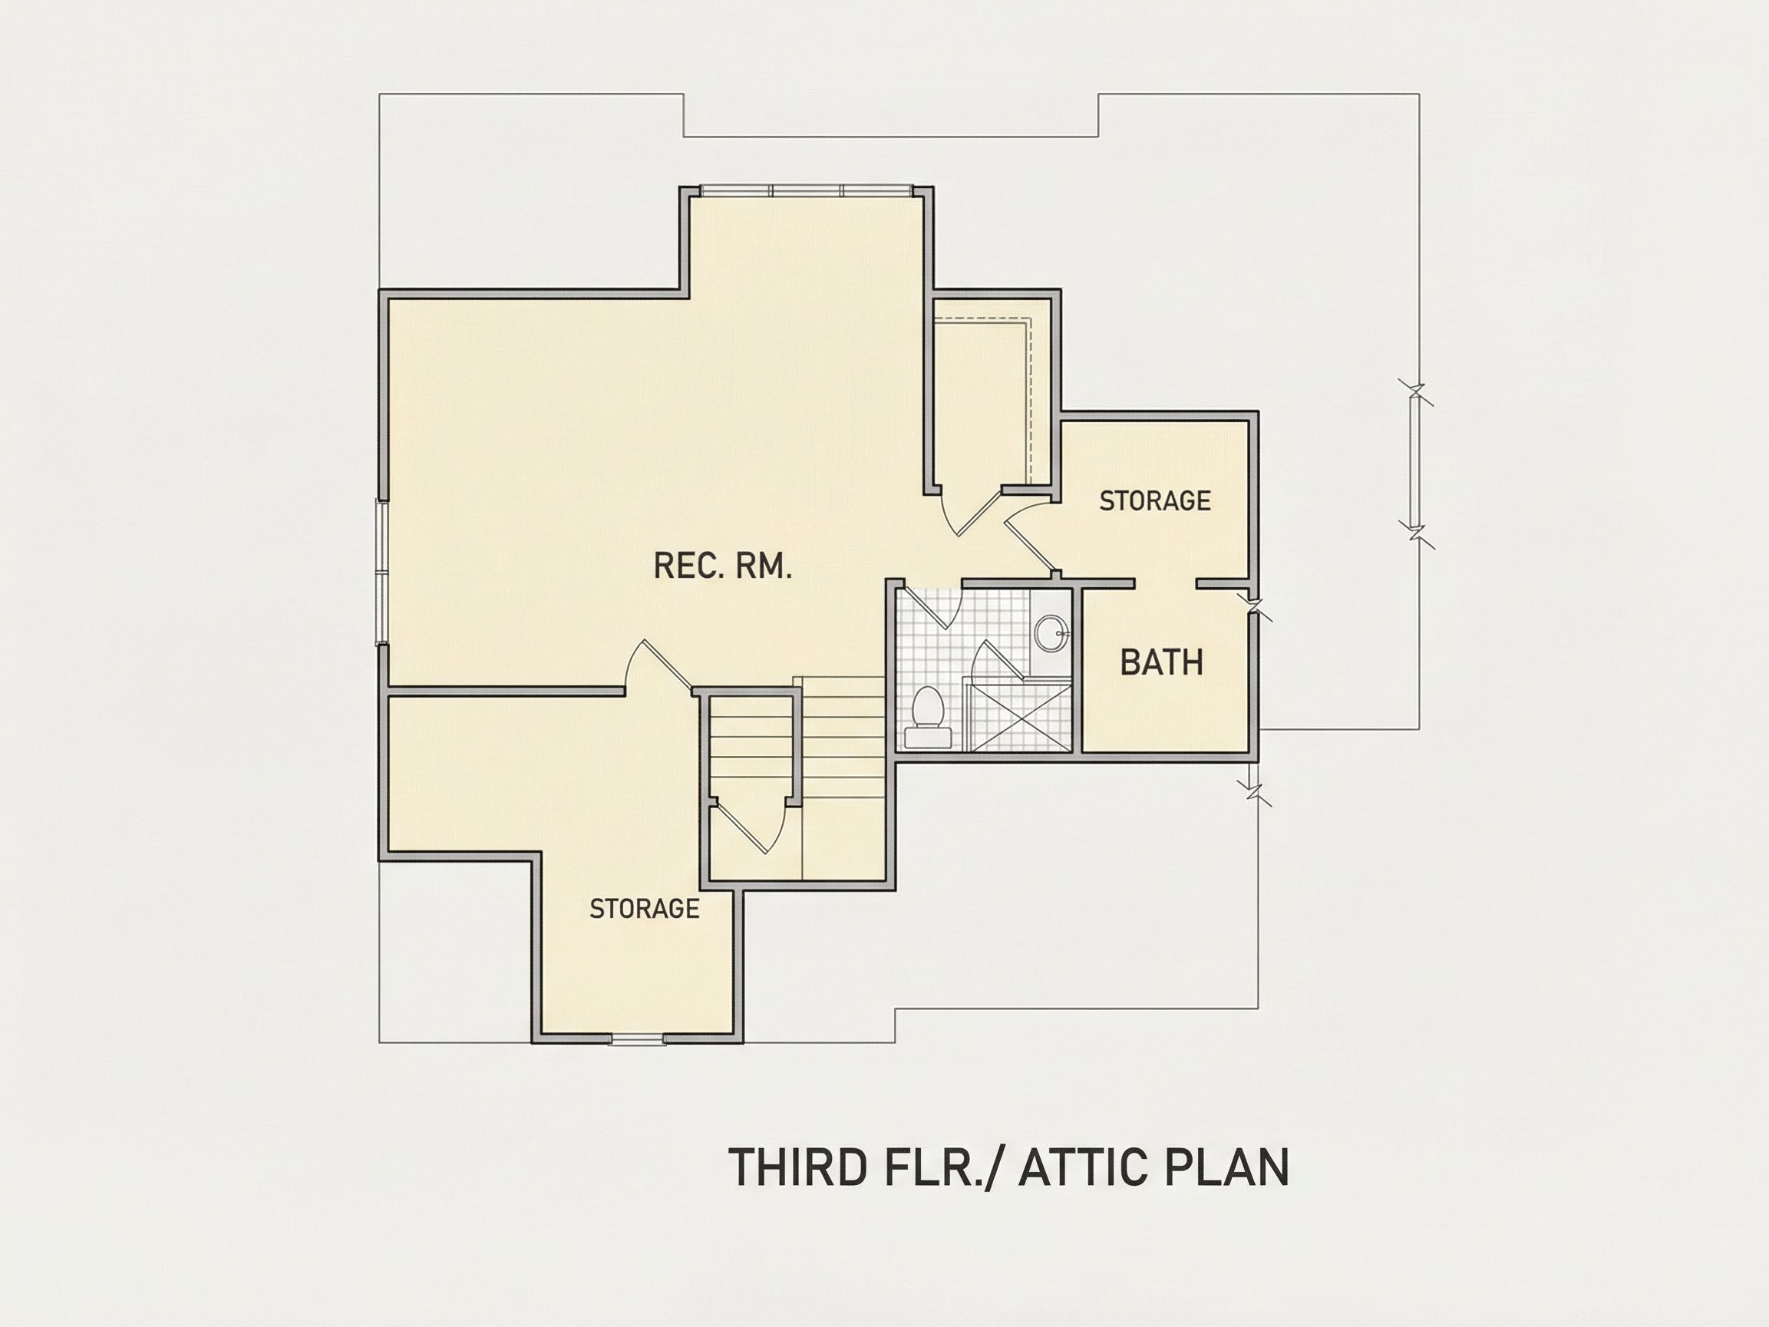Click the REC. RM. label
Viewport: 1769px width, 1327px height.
[x=722, y=566]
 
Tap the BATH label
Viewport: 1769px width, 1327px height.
[x=1161, y=662]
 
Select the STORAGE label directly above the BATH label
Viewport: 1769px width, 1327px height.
[x=1155, y=500]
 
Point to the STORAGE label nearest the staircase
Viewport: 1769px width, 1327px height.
[x=644, y=909]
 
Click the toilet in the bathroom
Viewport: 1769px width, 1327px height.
[x=929, y=717]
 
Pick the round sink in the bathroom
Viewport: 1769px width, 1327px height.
[x=1051, y=633]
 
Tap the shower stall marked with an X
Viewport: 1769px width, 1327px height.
[x=1018, y=717]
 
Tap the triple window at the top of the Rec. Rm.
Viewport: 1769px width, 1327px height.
[x=804, y=190]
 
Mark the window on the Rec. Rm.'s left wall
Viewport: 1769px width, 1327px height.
[x=382, y=571]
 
